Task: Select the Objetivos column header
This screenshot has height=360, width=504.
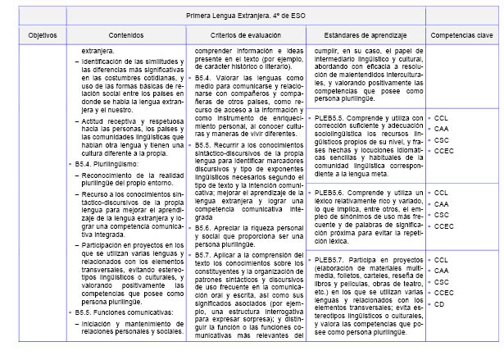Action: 41,38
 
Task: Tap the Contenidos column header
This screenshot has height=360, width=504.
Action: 124,38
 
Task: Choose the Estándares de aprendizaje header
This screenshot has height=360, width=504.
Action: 365,38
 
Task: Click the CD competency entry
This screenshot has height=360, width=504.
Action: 439,303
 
